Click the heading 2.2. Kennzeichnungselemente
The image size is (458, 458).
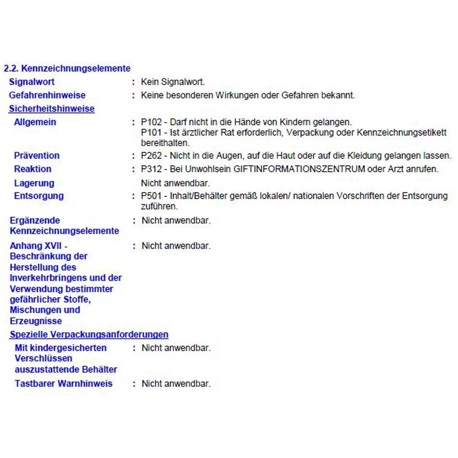67,69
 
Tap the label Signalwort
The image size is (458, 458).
32,82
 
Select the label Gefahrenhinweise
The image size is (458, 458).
47,95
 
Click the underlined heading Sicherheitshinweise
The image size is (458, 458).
52,109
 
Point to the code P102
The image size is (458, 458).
152,122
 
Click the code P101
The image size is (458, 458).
152,133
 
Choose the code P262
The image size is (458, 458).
152,156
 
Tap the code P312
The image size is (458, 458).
152,169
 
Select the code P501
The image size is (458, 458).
152,196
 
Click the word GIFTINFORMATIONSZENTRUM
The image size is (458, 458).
300,169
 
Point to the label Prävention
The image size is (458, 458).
37,156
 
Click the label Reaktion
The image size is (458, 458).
33,169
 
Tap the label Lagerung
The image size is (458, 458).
34,183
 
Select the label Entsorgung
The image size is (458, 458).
39,196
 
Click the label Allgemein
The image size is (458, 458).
35,122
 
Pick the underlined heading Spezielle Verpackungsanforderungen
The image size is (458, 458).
89,335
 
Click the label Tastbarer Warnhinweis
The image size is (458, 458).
63,384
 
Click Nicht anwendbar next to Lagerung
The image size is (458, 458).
175,183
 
